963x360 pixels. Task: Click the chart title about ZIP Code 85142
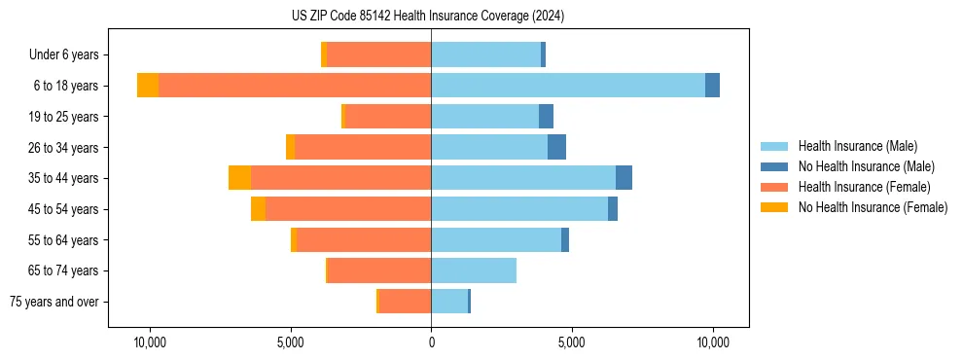click(x=427, y=17)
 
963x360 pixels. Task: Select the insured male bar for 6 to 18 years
click(x=568, y=86)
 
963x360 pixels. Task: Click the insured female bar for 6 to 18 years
click(x=295, y=86)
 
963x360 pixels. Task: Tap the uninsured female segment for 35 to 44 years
click(x=239, y=178)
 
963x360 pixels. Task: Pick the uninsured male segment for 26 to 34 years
click(x=556, y=147)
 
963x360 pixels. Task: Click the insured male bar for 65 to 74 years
click(x=474, y=270)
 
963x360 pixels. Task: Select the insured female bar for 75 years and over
click(x=405, y=302)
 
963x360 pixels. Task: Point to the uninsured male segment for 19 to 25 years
click(x=546, y=117)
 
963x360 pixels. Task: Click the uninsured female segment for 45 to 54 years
click(x=258, y=209)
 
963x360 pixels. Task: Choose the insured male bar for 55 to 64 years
click(x=496, y=240)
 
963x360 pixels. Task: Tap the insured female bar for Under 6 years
click(x=379, y=54)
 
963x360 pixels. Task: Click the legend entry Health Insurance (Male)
click(x=857, y=146)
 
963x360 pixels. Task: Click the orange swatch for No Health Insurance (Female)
click(x=775, y=207)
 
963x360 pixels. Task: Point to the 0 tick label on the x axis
click(x=431, y=343)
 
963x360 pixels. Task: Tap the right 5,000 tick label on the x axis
click(x=572, y=343)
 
